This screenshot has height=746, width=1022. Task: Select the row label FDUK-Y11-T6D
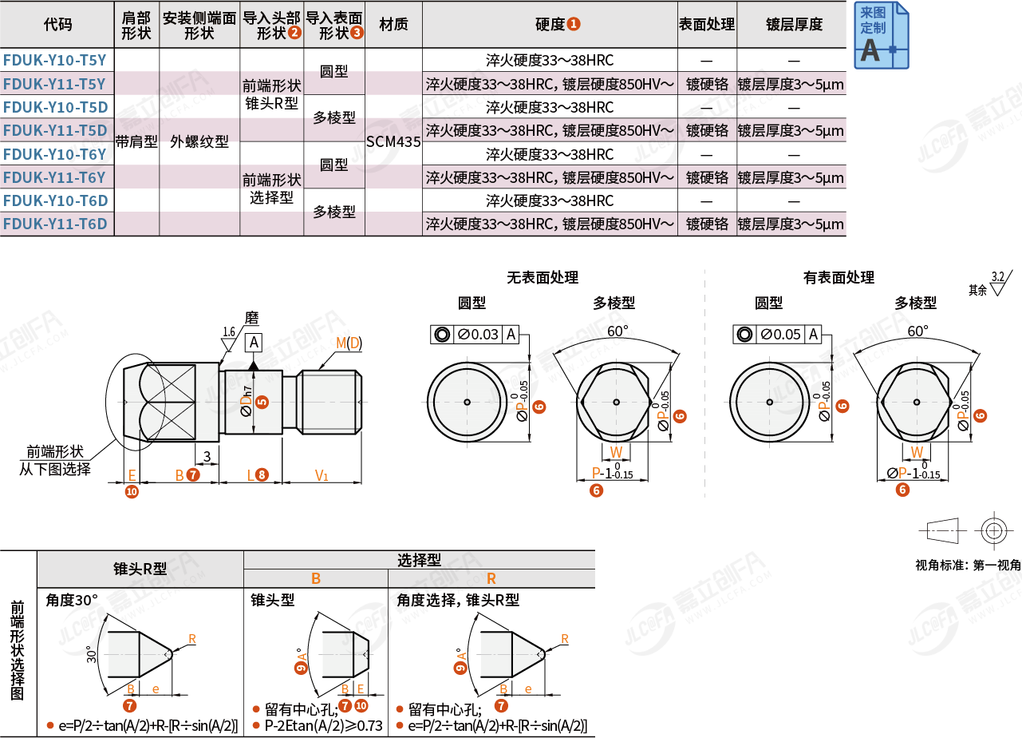[x=56, y=224]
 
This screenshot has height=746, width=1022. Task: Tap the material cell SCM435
[x=393, y=142]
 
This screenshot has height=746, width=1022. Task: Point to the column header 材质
[x=393, y=24]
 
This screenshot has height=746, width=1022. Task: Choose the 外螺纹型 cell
[x=199, y=142]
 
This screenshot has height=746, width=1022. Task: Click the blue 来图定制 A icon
[x=881, y=36]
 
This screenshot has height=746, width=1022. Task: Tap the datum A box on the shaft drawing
[x=254, y=343]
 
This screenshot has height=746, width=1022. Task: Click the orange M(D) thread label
[x=348, y=343]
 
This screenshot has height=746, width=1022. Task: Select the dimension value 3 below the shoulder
[x=207, y=456]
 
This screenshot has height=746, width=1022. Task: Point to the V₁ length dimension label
[x=322, y=476]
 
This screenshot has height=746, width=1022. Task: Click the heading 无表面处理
[x=542, y=278]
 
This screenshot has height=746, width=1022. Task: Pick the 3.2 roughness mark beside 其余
[x=999, y=281]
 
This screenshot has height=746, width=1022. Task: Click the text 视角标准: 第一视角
[x=968, y=565]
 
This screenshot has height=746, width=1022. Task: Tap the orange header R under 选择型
[x=491, y=578]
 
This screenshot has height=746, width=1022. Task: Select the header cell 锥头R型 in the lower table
[x=140, y=569]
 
